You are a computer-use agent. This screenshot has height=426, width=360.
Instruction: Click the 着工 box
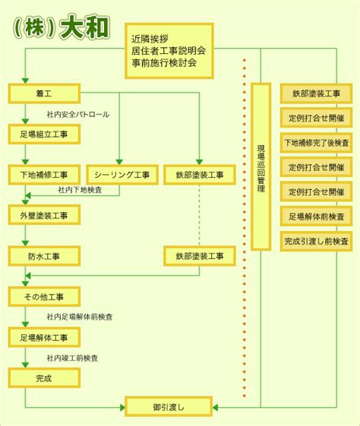[44, 93]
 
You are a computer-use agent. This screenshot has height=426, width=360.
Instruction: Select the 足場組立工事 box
[44, 134]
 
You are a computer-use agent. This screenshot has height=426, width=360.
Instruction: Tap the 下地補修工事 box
[44, 175]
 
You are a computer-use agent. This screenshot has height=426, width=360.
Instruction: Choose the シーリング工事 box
[122, 175]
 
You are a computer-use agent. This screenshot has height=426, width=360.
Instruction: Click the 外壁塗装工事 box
[44, 215]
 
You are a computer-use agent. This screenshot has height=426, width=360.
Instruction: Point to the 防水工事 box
[44, 256]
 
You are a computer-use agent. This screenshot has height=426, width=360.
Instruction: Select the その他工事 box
[44, 297]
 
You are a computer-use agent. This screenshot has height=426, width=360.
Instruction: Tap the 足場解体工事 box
[44, 337]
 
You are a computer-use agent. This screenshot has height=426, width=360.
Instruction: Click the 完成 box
[44, 378]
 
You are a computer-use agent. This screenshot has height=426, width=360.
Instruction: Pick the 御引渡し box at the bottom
[169, 407]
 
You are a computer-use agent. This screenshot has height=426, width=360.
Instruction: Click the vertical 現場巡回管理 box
[261, 166]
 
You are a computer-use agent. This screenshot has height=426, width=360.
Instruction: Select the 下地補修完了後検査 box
[316, 143]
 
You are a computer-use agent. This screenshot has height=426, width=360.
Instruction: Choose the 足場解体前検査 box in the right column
[316, 216]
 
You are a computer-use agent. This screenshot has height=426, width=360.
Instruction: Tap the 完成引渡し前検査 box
[316, 241]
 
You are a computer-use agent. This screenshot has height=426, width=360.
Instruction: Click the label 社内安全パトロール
[78, 115]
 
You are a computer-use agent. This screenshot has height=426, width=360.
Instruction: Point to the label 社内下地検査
[80, 190]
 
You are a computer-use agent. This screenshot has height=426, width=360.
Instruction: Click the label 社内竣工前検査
[72, 358]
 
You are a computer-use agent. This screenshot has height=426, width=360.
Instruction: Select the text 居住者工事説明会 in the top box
[169, 51]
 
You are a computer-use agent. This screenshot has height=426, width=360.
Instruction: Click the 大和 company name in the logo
[85, 27]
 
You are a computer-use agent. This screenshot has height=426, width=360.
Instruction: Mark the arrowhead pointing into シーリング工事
[119, 162]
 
